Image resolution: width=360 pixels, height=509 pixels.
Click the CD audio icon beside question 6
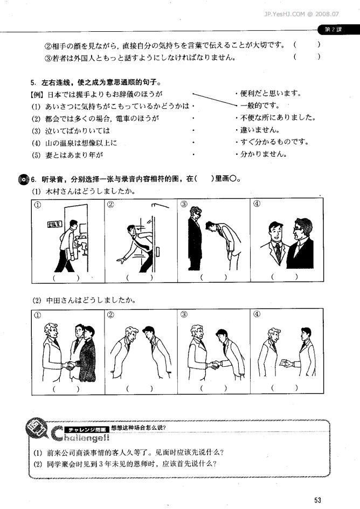click(23, 179)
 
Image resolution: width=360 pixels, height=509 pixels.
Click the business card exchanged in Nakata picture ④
click(284, 363)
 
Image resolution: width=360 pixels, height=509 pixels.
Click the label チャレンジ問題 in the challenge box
click(86, 429)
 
